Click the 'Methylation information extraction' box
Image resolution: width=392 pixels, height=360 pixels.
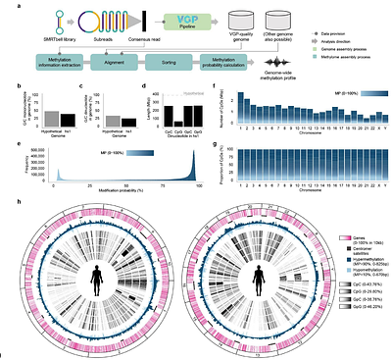pos(60,60)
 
